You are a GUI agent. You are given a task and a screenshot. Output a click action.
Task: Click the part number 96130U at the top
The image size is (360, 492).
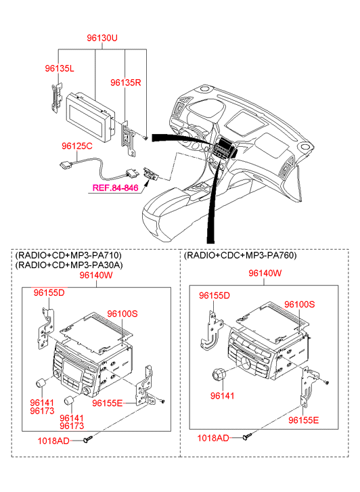point(102,38)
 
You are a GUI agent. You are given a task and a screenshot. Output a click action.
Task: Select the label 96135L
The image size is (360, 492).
point(60,68)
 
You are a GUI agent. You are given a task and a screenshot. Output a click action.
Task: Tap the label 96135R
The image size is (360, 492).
point(126,83)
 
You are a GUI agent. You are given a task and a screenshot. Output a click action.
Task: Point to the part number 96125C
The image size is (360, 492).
point(77,146)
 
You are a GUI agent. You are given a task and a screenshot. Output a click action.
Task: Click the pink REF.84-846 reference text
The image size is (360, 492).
point(115,187)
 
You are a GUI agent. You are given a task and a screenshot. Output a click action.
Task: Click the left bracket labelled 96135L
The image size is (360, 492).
point(56,97)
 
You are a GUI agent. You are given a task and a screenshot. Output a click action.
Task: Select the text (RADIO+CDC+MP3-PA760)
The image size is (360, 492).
point(240,255)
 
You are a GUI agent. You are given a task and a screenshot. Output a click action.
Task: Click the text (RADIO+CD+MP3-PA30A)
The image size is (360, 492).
point(69,265)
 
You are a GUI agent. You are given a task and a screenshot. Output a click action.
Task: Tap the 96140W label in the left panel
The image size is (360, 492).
point(96,275)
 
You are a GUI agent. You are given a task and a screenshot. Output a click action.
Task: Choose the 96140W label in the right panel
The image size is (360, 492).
point(265,273)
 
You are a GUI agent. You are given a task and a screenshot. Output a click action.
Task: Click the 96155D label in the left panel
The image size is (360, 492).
point(49,292)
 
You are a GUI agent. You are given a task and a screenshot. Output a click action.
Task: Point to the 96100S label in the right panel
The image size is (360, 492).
point(299,305)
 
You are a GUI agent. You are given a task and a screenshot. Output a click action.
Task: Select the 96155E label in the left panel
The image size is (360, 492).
point(108,403)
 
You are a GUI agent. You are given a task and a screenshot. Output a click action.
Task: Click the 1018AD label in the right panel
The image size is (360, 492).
point(213,438)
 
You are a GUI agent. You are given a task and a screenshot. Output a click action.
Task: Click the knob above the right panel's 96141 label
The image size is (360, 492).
point(217,374)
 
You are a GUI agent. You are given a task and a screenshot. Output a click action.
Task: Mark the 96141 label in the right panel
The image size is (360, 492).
point(222,396)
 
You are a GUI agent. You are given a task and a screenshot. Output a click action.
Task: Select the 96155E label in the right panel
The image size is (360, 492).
point(304,420)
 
